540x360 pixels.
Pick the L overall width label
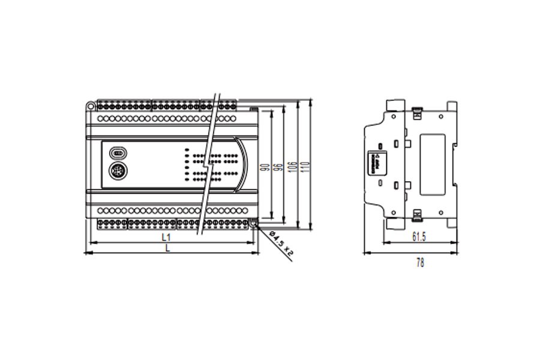[x=167, y=248]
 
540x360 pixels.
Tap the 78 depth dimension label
[x=419, y=263]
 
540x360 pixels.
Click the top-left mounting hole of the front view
[x=90, y=106]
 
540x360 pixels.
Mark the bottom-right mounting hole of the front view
[x=254, y=224]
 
